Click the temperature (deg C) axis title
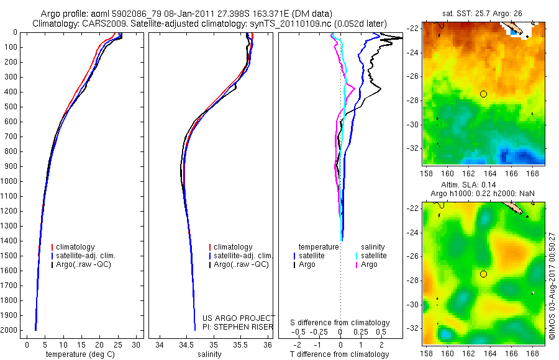(78, 354)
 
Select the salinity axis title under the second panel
(209, 354)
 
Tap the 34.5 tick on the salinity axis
(186, 344)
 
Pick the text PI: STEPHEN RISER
(238, 327)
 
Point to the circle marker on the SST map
(483, 94)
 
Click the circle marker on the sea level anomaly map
(483, 274)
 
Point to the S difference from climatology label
(340, 323)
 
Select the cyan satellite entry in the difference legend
(373, 256)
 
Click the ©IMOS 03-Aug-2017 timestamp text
(552, 282)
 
